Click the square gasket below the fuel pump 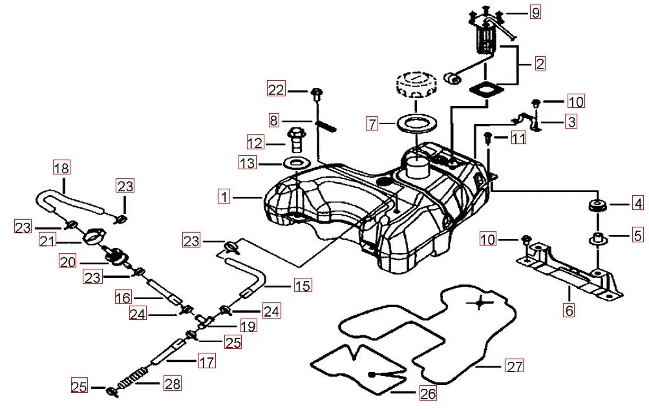(x=486, y=90)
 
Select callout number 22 (x=276, y=90)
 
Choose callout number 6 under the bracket (x=569, y=310)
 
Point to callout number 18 (x=61, y=169)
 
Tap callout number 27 (x=515, y=366)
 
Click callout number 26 (x=428, y=392)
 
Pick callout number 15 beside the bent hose (x=302, y=285)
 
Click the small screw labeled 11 (x=489, y=137)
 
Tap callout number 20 (x=69, y=262)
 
